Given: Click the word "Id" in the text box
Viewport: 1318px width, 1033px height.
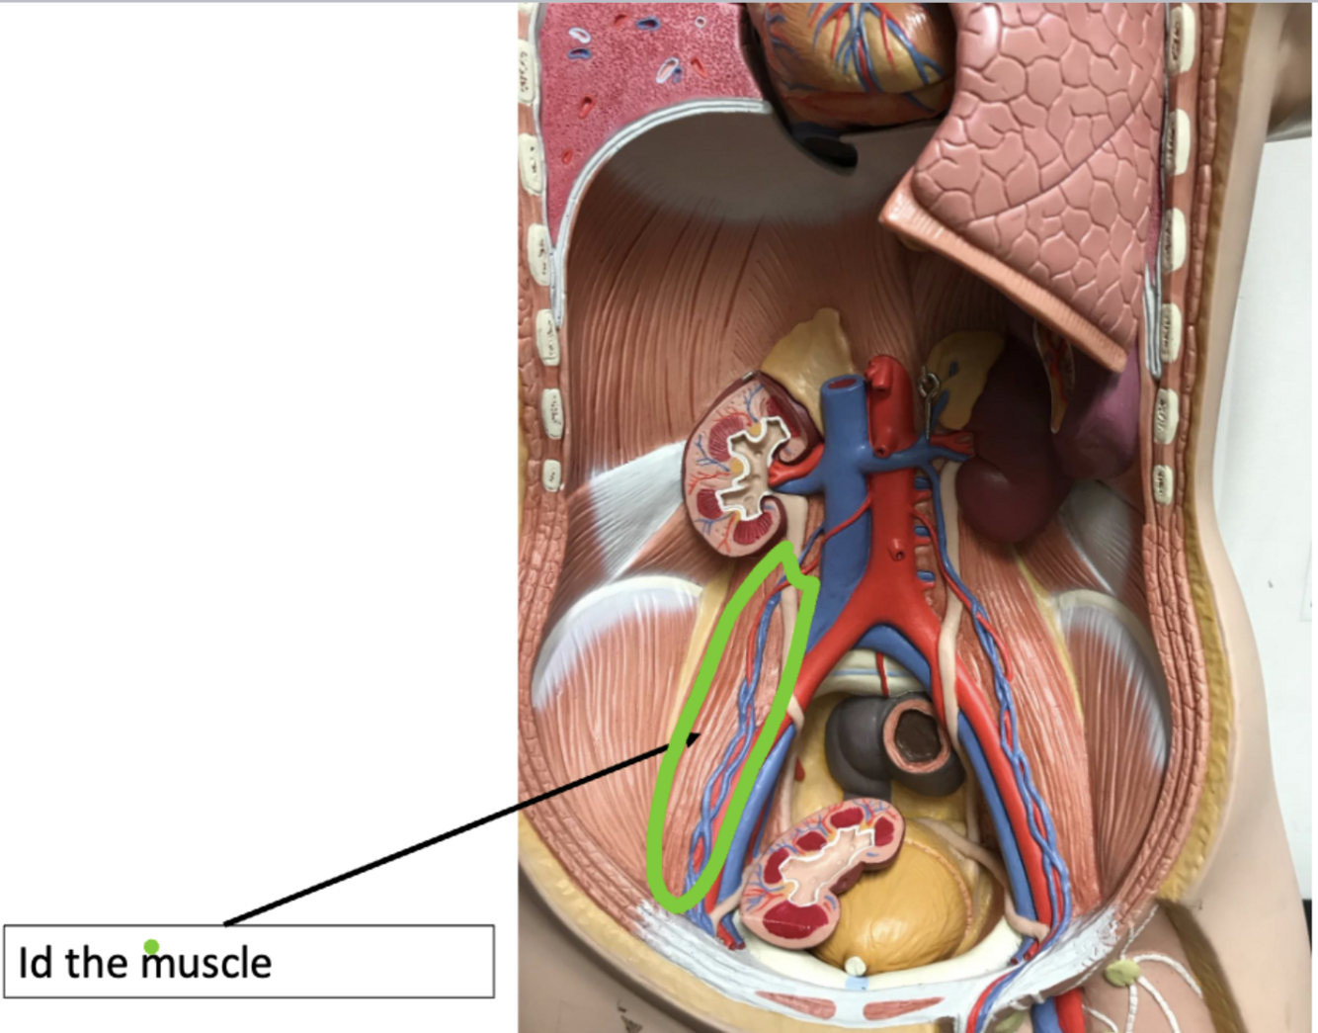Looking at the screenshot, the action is coord(35,962).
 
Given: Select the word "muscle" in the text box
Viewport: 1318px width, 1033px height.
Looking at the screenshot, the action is coord(206,962).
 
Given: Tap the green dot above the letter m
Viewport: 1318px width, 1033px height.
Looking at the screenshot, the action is coord(151,947).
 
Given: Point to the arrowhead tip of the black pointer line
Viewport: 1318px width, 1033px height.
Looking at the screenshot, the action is coord(700,734).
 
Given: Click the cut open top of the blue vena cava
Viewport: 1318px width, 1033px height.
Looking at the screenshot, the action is coord(844,383).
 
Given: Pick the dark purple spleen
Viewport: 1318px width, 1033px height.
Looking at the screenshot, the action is coord(1003,465).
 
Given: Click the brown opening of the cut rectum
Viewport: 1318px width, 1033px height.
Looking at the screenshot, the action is coord(924,736).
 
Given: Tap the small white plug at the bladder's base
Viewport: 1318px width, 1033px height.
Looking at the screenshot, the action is coord(856,964).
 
